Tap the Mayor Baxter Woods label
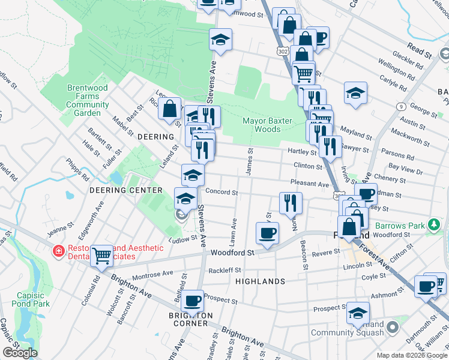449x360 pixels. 267,125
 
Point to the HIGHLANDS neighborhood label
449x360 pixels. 260,281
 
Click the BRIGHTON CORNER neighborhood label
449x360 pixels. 191,319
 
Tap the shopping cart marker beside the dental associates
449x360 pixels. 101,255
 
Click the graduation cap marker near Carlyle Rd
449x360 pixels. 355,93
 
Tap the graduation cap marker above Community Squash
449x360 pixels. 358,312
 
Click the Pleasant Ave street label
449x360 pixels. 310,184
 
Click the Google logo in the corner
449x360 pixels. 20,353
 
